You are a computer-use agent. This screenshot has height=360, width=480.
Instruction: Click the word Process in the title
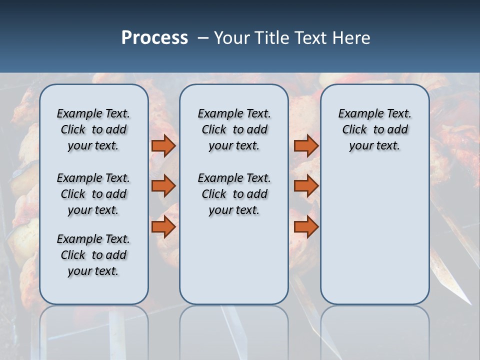tap(154, 37)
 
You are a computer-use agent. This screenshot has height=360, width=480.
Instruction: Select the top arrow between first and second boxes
tap(163, 145)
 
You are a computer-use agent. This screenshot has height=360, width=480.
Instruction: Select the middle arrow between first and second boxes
tap(163, 186)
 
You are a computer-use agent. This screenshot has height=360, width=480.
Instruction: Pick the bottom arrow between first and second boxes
tap(163, 227)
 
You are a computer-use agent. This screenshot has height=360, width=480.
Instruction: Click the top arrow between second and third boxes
tap(306, 145)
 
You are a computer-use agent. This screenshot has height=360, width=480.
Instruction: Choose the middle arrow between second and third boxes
tap(306, 186)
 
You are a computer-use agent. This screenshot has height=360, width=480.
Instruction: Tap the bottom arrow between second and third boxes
tap(306, 227)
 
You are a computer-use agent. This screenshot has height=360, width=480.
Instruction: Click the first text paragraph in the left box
tap(93, 129)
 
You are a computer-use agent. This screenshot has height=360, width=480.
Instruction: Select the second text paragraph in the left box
tap(93, 194)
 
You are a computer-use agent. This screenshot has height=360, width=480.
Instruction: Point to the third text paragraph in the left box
tap(93, 255)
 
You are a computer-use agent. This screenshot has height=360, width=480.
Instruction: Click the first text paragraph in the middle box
tap(234, 129)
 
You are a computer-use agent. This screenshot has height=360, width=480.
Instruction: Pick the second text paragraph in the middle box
tap(234, 194)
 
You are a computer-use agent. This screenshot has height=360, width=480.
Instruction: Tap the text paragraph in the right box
tap(374, 129)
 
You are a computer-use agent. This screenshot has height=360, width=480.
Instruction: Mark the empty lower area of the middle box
tap(234, 260)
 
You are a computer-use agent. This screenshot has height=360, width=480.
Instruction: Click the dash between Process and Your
tap(203, 38)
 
